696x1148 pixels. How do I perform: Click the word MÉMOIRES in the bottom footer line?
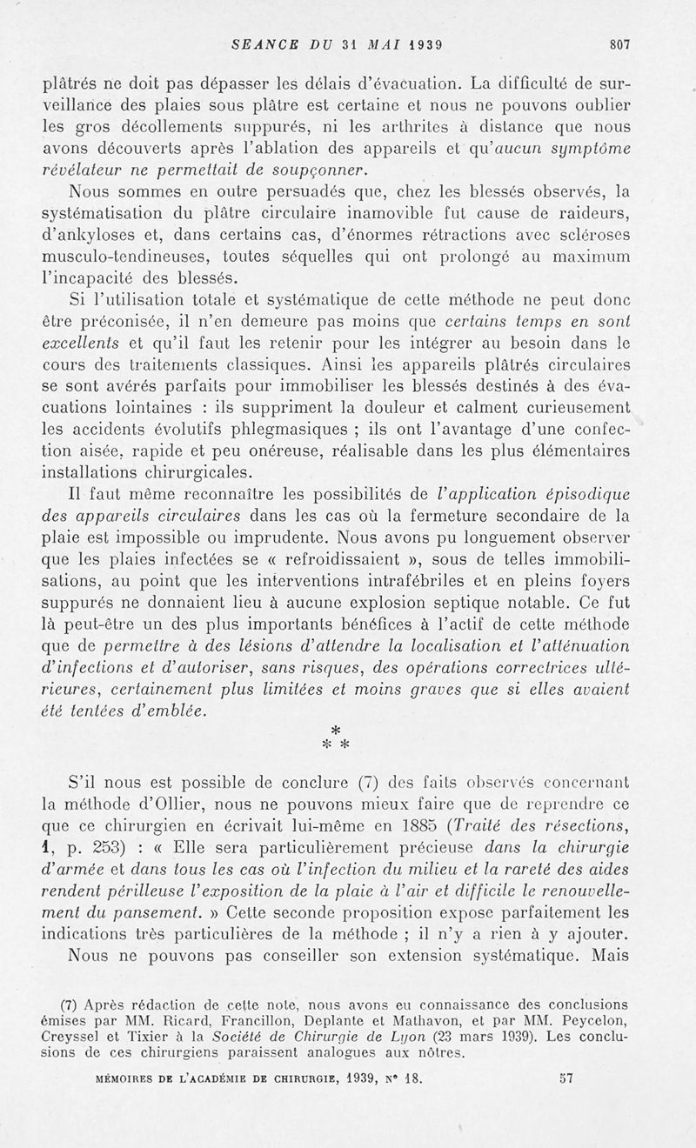[x=130, y=1078]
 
